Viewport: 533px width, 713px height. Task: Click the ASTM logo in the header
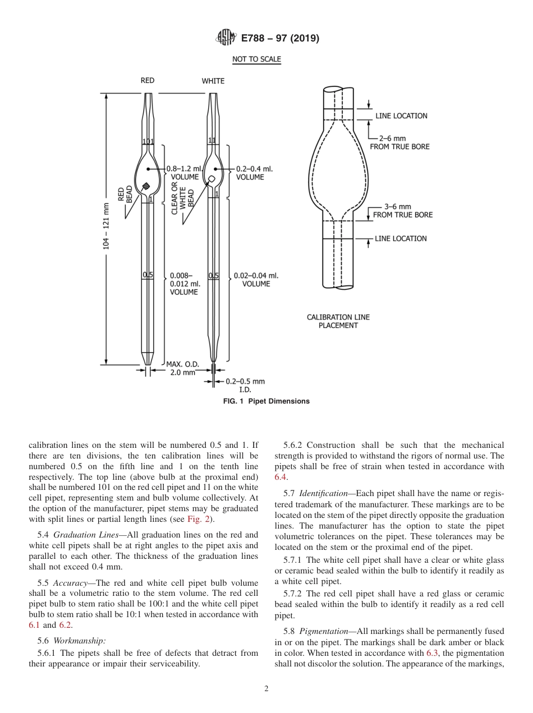click(226, 38)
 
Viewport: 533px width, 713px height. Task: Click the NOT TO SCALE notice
click(256, 59)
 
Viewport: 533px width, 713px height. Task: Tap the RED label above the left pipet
click(147, 81)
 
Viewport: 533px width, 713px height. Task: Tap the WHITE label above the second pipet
click(213, 81)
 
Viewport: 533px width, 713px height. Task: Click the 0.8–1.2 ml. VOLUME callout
click(185, 173)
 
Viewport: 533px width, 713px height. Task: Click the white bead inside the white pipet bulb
click(212, 179)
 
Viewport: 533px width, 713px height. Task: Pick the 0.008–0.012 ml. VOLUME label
click(184, 284)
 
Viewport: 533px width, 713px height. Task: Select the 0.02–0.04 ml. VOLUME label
click(256, 279)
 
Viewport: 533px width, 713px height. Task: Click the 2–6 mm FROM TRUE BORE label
click(399, 142)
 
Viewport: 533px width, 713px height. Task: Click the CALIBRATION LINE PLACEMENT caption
click(338, 321)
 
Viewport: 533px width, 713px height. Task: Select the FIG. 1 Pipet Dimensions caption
click(266, 401)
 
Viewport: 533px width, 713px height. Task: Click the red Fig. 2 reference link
click(200, 519)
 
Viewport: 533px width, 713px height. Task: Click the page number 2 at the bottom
click(266, 689)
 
